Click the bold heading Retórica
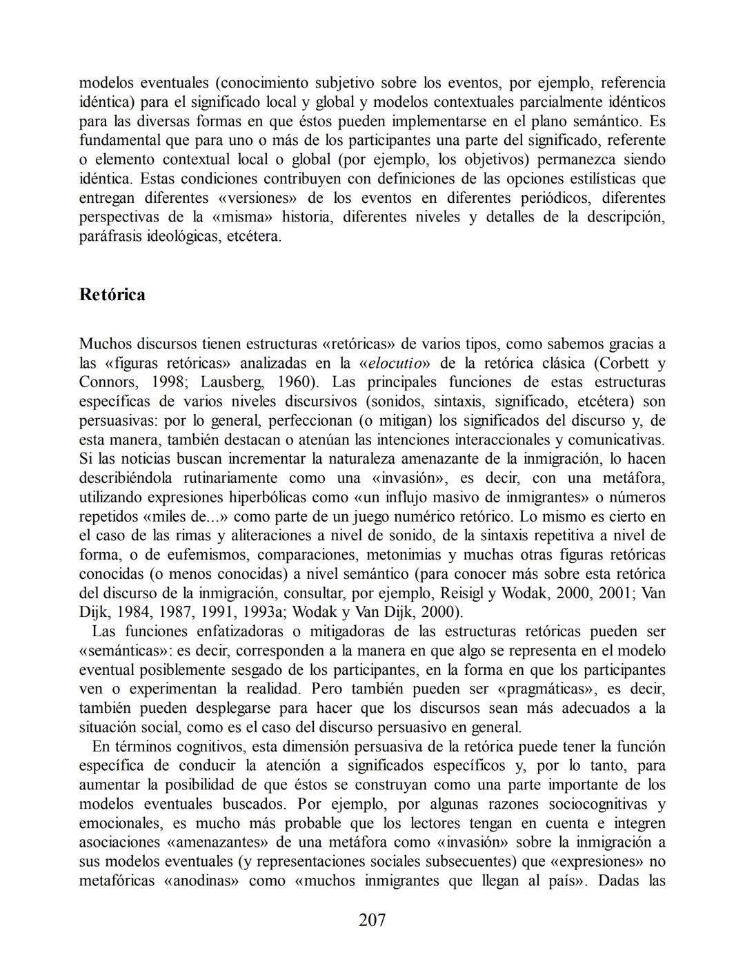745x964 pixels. (x=112, y=295)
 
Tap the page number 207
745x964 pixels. (x=372, y=920)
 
